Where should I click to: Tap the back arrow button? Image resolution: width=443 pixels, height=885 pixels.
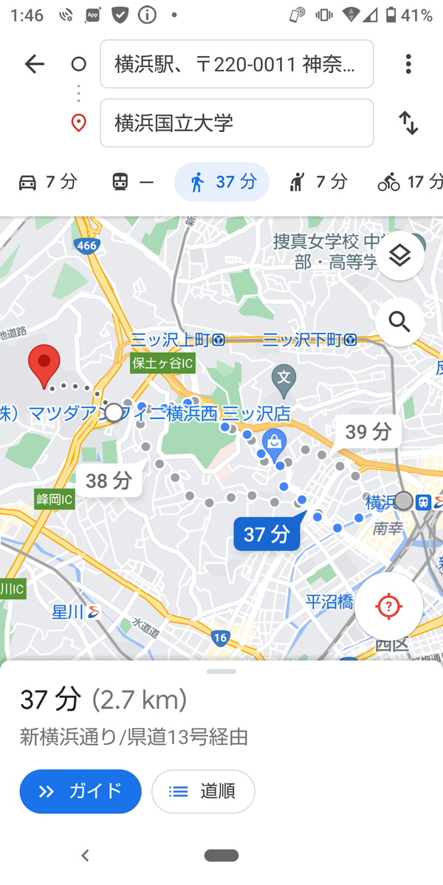click(x=35, y=64)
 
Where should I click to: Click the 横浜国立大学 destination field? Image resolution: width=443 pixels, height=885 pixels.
click(x=236, y=123)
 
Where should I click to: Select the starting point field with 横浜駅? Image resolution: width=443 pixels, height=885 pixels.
click(x=236, y=64)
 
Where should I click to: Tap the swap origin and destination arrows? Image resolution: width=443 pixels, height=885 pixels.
click(x=408, y=123)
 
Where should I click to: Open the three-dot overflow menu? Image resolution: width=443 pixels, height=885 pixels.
click(x=408, y=64)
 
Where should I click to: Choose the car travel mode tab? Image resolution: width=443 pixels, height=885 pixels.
click(x=48, y=182)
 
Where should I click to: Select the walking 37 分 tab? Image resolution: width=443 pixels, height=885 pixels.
click(x=221, y=182)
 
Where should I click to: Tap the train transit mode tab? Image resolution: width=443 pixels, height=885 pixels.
click(x=133, y=182)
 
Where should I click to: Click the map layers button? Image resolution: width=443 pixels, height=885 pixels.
click(x=400, y=256)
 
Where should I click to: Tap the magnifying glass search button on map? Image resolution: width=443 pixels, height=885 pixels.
click(x=399, y=322)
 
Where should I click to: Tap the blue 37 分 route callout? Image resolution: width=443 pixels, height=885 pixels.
click(x=267, y=534)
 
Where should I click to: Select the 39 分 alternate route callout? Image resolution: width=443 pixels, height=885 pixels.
click(x=368, y=431)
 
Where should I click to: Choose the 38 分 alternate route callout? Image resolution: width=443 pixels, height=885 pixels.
click(x=109, y=482)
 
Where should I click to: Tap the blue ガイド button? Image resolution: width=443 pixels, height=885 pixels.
click(x=80, y=791)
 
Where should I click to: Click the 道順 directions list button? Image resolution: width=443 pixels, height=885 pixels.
click(x=203, y=791)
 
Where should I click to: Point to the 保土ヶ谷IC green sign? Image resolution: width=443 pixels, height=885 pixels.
click(x=162, y=364)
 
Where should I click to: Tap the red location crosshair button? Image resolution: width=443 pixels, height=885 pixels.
click(x=388, y=606)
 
